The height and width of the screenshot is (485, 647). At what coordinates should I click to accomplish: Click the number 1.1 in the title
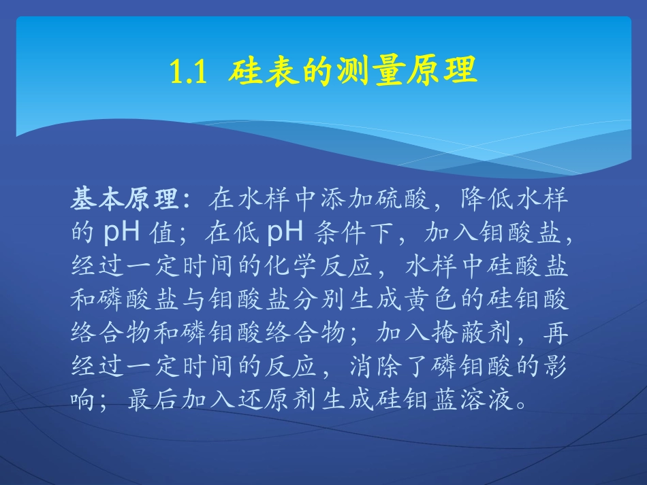pyautogui.click(x=187, y=71)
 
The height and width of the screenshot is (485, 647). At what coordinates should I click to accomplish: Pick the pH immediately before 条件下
pyautogui.click(x=286, y=233)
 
